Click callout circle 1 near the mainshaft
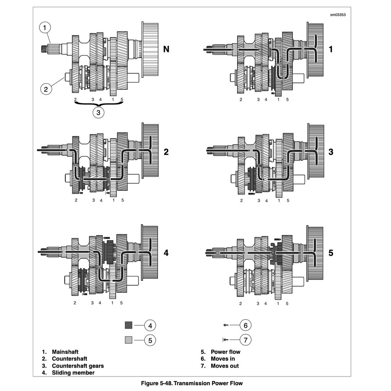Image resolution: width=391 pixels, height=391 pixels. [45, 27]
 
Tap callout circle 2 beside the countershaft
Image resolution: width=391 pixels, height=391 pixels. [46, 89]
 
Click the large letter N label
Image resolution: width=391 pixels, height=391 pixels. [166, 49]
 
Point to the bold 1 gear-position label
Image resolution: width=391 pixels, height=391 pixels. [331, 49]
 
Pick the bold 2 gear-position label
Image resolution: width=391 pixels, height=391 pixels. [166, 152]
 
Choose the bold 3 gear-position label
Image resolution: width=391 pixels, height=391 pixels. [331, 152]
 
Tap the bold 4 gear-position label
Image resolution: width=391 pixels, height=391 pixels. [166, 253]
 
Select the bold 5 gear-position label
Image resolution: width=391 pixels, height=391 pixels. [331, 253]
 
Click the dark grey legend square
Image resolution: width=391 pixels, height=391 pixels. [129, 325]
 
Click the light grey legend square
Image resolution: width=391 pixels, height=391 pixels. [129, 339]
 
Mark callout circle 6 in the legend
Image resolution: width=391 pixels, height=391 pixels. [246, 325]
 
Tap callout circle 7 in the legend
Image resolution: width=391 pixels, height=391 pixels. [246, 339]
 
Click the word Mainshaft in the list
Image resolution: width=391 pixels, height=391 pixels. [65, 352]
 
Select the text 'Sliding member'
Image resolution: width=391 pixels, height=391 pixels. [73, 373]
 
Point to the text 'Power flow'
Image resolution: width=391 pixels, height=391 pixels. [225, 352]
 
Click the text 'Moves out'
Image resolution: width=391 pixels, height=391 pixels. [225, 366]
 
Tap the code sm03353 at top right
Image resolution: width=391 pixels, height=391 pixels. [338, 15]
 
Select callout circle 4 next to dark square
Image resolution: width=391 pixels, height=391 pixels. [150, 325]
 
